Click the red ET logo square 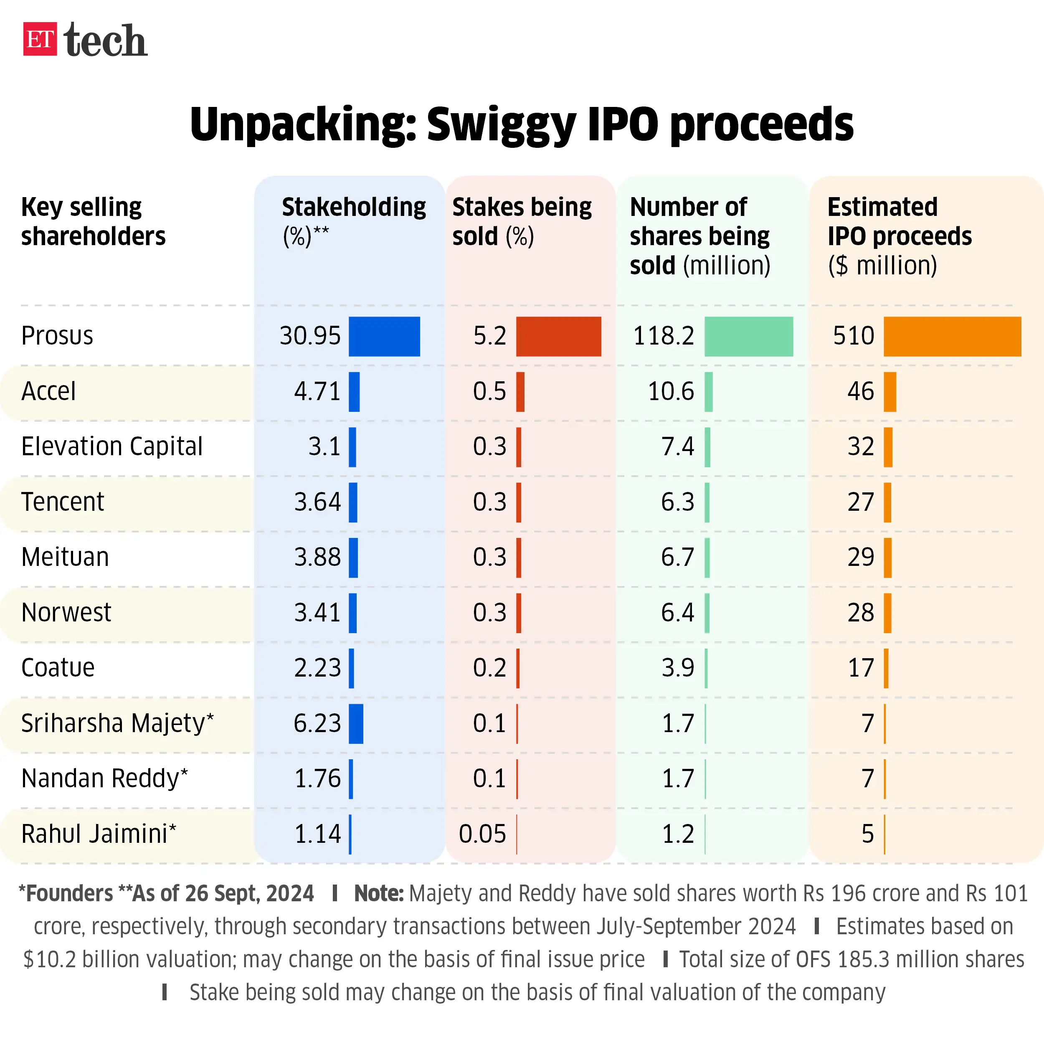click(x=39, y=39)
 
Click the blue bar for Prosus click(x=384, y=336)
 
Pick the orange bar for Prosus click(x=952, y=336)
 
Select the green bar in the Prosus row click(x=748, y=336)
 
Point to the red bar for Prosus click(x=558, y=336)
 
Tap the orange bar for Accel click(x=889, y=392)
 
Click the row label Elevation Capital click(x=112, y=446)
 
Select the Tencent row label click(x=63, y=502)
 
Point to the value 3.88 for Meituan click(x=317, y=557)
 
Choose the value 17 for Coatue click(x=860, y=668)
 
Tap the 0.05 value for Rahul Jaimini click(x=482, y=834)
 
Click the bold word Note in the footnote click(x=378, y=894)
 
